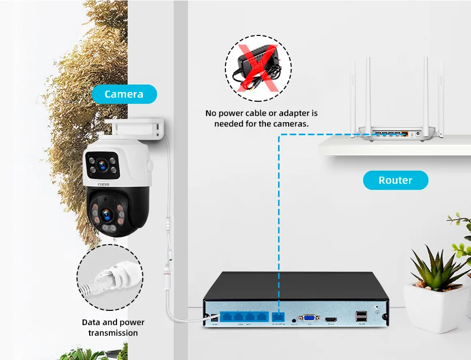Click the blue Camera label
(124, 94)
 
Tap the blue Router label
(395, 180)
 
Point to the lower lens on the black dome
(107, 216)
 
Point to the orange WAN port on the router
(404, 134)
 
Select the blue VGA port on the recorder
(309, 318)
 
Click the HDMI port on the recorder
(332, 319)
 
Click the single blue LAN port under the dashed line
(279, 317)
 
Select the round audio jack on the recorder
(294, 319)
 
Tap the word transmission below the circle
(113, 333)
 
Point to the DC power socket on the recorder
(214, 318)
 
